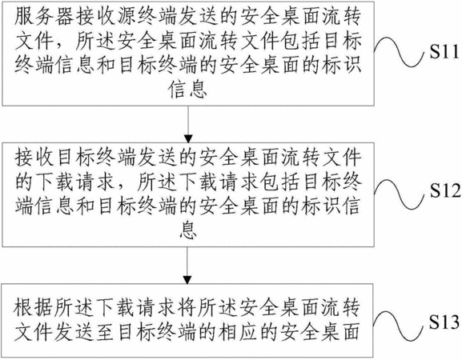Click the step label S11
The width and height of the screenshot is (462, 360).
[x=444, y=52]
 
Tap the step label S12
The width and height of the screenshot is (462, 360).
[x=445, y=190]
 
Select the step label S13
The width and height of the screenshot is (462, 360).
[x=444, y=322]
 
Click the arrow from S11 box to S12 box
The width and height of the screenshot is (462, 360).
[x=188, y=124]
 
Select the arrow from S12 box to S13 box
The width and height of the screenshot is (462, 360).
[x=187, y=266]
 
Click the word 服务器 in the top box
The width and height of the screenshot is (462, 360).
[x=43, y=16]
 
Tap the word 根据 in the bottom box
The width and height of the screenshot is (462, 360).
[x=34, y=307]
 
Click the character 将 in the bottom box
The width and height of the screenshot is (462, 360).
[x=187, y=307]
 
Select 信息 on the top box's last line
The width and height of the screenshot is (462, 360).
[x=187, y=89]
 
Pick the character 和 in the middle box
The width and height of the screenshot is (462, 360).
[x=85, y=206]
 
